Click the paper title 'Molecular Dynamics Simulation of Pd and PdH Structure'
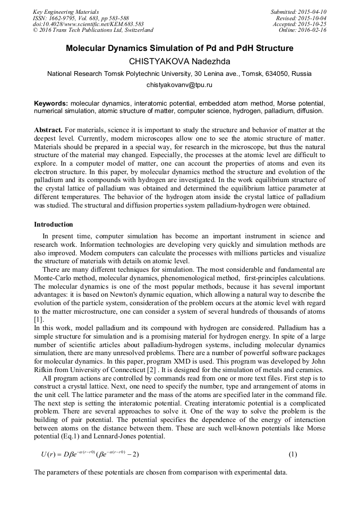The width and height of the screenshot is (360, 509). point(179,48)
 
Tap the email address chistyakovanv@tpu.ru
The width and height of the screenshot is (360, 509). point(179,84)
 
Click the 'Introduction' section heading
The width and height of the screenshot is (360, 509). point(54,224)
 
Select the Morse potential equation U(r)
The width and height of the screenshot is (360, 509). point(90,455)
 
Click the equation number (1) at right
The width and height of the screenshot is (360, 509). point(293,455)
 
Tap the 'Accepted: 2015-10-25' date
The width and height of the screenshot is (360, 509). point(301,24)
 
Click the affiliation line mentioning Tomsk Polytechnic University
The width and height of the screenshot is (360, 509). point(179,73)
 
